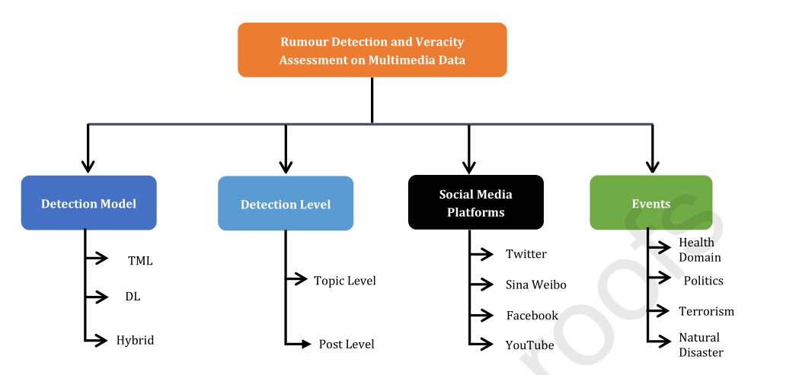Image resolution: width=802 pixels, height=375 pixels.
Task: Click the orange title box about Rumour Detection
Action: click(x=372, y=50)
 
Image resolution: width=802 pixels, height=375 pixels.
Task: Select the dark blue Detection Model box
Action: click(x=88, y=203)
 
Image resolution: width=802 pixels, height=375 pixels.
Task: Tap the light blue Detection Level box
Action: click(x=286, y=204)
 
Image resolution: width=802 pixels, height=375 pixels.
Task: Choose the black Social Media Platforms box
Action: click(x=475, y=203)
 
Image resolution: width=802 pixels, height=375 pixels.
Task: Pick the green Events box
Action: click(x=650, y=203)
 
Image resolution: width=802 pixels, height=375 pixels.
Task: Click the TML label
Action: click(x=140, y=261)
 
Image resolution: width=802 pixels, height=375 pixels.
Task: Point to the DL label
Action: click(x=133, y=297)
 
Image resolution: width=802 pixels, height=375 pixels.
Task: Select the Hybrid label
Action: click(x=135, y=340)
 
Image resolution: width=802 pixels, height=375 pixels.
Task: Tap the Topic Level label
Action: click(x=344, y=281)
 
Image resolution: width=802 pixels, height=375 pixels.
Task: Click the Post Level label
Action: click(x=347, y=345)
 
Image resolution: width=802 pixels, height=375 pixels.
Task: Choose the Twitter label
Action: click(x=526, y=254)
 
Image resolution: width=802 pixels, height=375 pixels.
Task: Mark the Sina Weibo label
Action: click(x=535, y=284)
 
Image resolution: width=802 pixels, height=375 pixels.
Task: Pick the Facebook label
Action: click(x=532, y=315)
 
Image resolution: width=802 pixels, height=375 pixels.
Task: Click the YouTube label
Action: click(x=529, y=345)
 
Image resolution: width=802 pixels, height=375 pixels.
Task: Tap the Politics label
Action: click(x=703, y=281)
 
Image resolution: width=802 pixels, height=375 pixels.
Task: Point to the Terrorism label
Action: click(x=706, y=311)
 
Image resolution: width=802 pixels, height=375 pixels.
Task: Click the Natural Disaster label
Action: click(x=701, y=345)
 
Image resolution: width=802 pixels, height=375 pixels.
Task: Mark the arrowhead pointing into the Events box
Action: click(x=652, y=166)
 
